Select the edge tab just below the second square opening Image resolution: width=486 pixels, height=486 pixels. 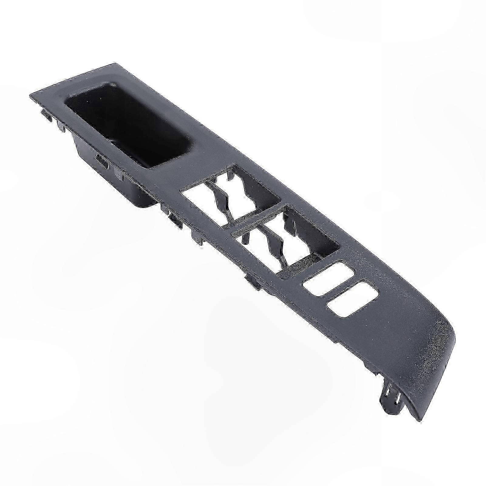(x=251, y=281)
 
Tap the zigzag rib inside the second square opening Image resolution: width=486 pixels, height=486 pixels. (x=273, y=240)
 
